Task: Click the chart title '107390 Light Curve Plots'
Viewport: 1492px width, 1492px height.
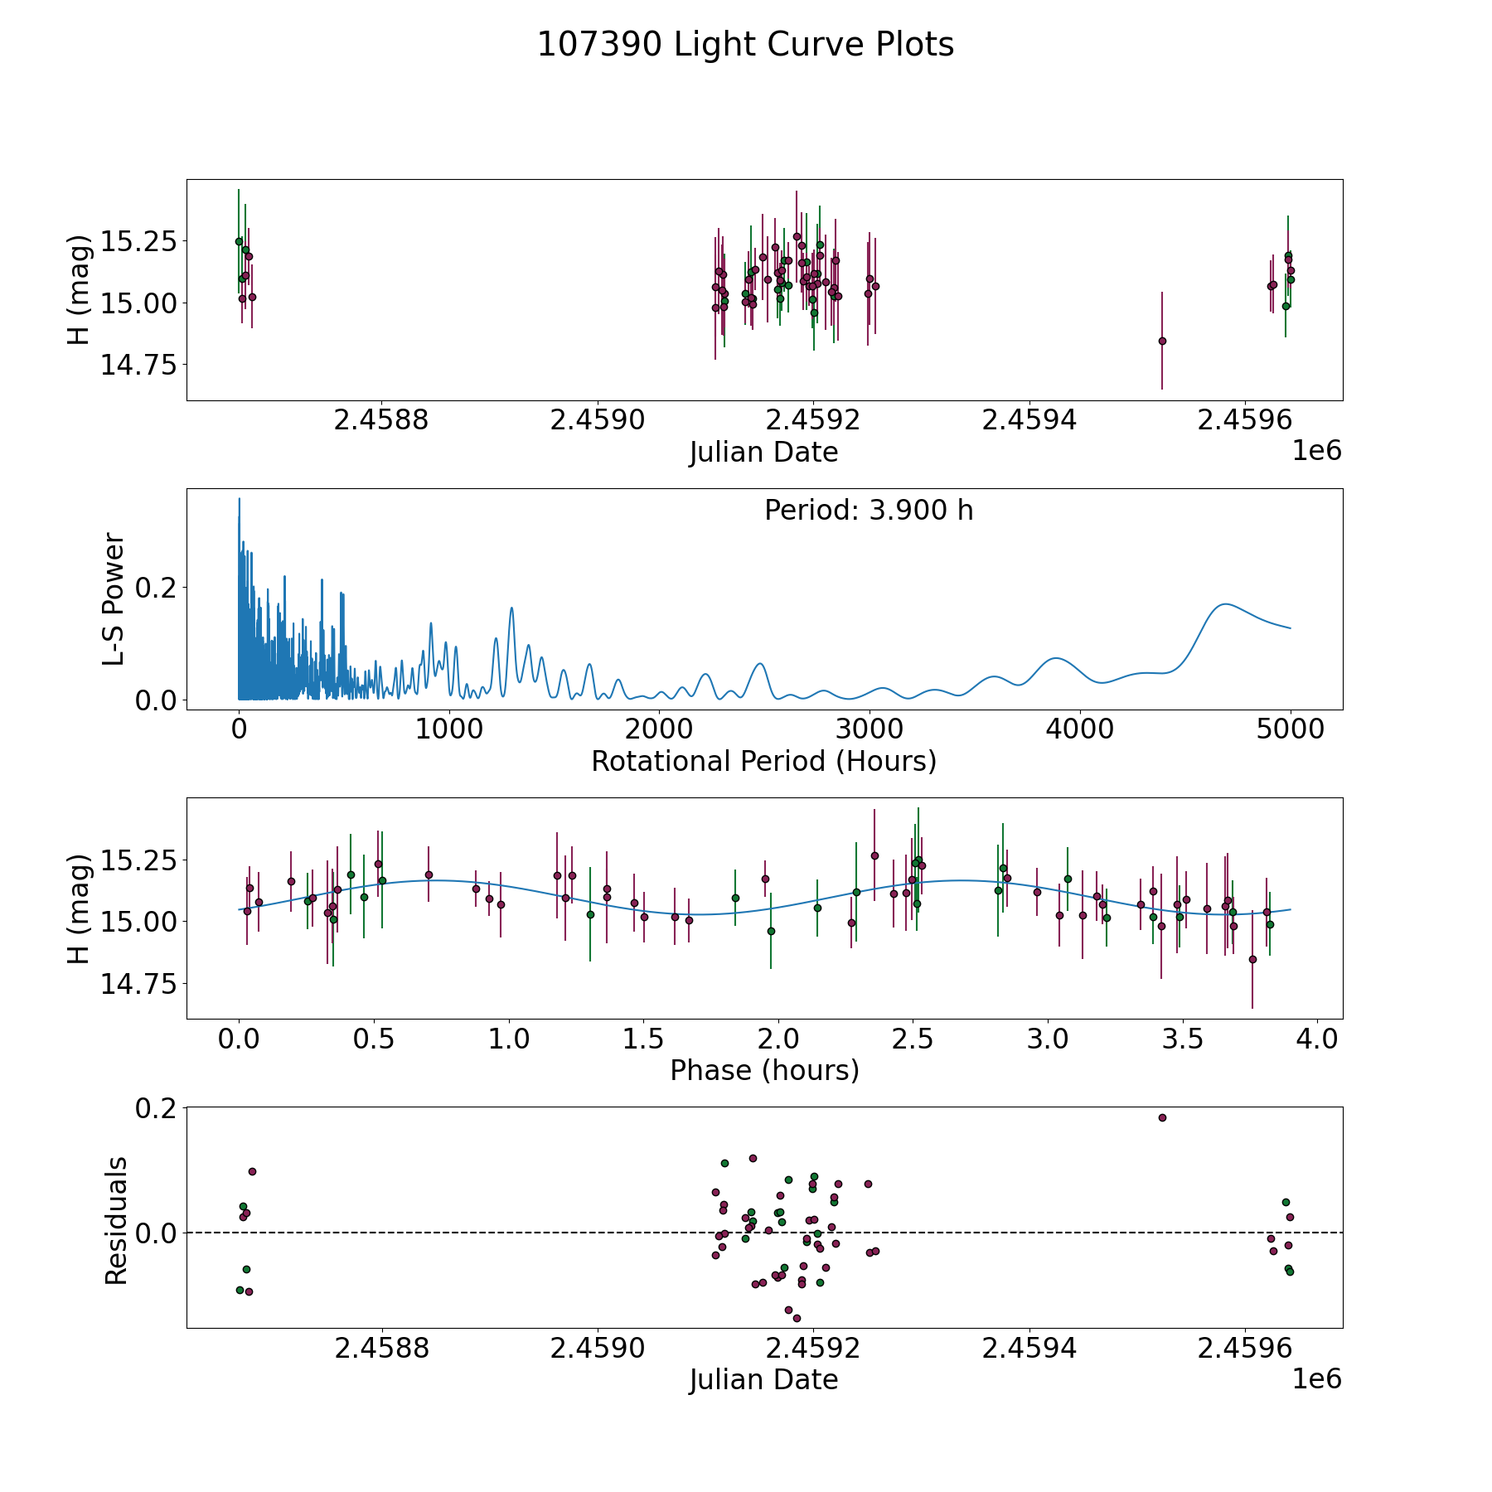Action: (x=745, y=45)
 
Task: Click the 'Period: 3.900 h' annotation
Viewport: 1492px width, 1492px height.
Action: (x=869, y=511)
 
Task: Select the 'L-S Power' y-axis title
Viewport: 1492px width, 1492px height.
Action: (x=114, y=599)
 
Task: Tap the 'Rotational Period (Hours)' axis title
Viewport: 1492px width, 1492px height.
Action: (x=763, y=761)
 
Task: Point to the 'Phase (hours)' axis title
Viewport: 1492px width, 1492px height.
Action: (x=763, y=1070)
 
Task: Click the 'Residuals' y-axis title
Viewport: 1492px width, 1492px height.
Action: (x=116, y=1220)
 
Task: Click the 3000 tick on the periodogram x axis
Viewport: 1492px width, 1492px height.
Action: (x=870, y=729)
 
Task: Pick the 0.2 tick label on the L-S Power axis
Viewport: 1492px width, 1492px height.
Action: (x=155, y=588)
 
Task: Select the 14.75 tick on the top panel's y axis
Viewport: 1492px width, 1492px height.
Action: (x=138, y=365)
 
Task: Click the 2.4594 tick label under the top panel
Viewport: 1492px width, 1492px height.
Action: (x=1029, y=420)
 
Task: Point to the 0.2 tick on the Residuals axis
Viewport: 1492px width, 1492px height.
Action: (x=155, y=1108)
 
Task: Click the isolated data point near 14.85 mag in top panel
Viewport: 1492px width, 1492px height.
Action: (x=1162, y=341)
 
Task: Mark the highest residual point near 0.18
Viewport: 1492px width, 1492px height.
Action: (x=1162, y=1117)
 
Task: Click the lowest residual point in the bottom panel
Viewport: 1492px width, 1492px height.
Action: (x=797, y=1318)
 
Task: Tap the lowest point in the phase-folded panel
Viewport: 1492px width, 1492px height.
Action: (x=1252, y=959)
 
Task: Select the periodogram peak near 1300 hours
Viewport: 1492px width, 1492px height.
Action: (x=511, y=608)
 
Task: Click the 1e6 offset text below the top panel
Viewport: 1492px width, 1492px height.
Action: (x=1316, y=451)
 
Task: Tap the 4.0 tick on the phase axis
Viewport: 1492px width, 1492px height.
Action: (x=1317, y=1039)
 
